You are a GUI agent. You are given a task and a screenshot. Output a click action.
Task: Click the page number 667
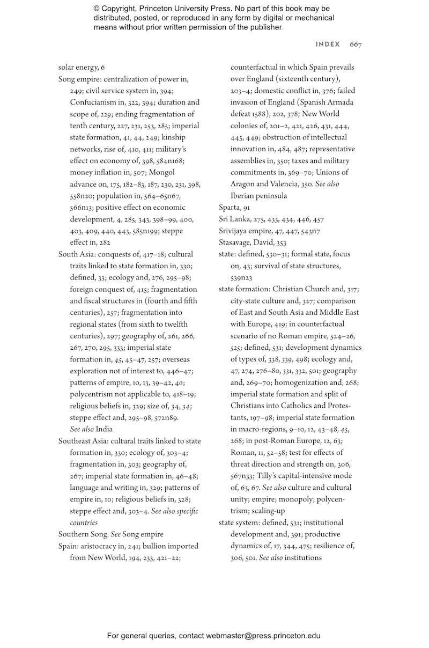[356, 45]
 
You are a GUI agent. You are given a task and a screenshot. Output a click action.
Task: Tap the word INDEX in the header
[328, 45]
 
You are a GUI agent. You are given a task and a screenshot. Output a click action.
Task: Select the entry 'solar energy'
[78, 68]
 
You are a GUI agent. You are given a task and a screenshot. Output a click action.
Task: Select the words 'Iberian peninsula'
[258, 196]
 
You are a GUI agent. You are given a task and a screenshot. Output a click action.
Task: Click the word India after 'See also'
[104, 429]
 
